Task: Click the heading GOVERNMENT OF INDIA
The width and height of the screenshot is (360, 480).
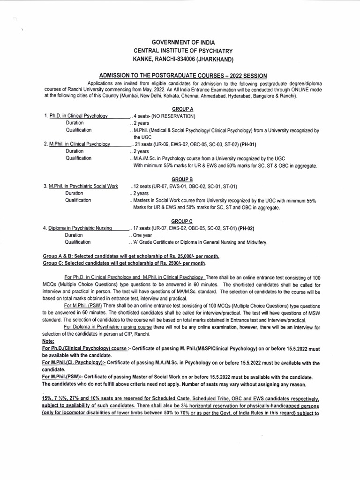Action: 180,42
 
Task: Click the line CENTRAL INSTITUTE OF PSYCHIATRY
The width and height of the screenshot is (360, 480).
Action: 180,50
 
